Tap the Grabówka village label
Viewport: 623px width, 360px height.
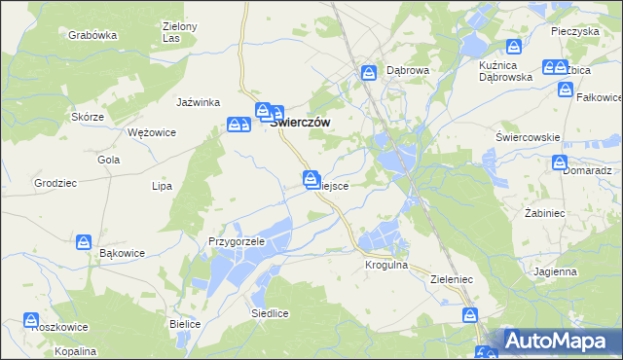92,35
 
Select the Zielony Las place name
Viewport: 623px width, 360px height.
179,33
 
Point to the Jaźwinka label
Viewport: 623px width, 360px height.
199,102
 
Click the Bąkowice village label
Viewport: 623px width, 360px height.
123,253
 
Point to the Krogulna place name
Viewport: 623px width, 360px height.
385,264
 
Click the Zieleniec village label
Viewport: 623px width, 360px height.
451,279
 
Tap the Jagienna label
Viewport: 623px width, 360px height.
554,271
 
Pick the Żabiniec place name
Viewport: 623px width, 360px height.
545,211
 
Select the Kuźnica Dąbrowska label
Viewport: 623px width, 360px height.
505,69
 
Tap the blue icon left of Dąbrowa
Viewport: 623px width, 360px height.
369,72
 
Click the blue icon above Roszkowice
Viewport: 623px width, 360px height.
31,320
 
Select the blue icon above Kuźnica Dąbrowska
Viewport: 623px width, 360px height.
513,46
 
